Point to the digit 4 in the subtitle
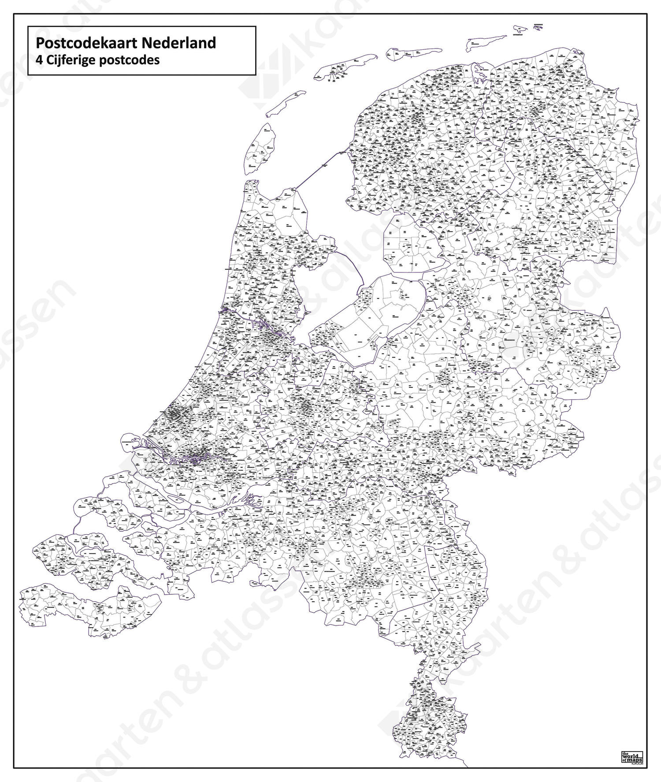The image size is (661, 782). [39, 60]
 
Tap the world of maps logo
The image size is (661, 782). [631, 756]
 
